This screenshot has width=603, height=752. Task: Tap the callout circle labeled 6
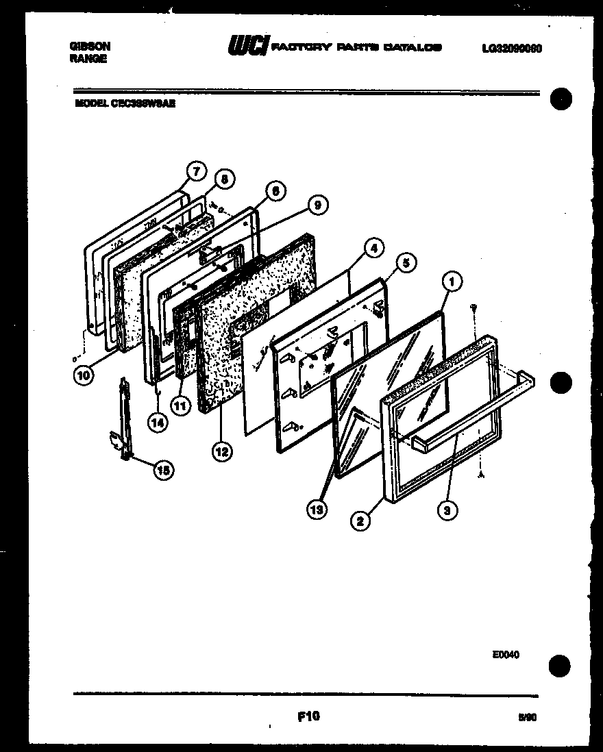[274, 192]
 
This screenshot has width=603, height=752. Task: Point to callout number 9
[317, 204]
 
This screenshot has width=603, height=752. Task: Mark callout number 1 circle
[452, 279]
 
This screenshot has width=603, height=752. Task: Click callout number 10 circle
[84, 375]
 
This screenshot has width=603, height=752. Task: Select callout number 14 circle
[158, 423]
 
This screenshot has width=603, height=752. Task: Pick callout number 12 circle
[221, 451]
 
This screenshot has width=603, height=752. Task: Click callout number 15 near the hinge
[163, 470]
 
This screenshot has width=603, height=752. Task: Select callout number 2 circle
[360, 522]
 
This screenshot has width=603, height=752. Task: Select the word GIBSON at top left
[90, 46]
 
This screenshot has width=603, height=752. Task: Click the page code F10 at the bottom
[309, 716]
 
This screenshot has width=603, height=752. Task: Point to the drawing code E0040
[505, 654]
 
